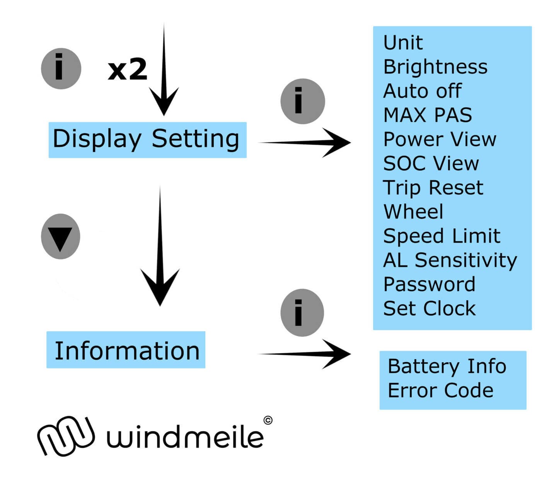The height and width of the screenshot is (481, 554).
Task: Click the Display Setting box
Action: (x=147, y=140)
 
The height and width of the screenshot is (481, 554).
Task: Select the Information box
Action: (x=126, y=350)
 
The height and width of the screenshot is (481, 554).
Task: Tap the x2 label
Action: (x=127, y=70)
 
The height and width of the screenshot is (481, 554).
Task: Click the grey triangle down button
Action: (x=60, y=236)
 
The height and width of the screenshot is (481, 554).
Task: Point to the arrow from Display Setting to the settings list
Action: (x=305, y=142)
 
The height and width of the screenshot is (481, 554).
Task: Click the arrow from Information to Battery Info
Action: (x=305, y=353)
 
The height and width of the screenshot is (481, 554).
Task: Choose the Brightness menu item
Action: (x=435, y=67)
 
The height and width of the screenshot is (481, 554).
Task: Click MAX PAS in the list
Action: (x=427, y=115)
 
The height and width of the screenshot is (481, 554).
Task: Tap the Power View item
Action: (x=439, y=139)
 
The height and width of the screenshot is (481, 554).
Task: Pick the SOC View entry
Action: (x=431, y=163)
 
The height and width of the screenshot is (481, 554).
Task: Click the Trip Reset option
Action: (x=433, y=188)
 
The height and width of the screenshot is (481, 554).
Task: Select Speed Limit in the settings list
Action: (x=441, y=236)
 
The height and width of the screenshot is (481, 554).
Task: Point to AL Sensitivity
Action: (x=450, y=260)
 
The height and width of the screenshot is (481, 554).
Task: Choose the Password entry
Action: (x=429, y=284)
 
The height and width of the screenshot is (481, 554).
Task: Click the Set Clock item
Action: (x=429, y=308)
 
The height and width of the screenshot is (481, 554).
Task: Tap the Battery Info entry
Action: (x=447, y=366)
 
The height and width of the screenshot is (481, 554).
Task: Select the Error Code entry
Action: (x=440, y=390)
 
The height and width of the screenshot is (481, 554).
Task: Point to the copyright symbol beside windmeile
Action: (x=268, y=420)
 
